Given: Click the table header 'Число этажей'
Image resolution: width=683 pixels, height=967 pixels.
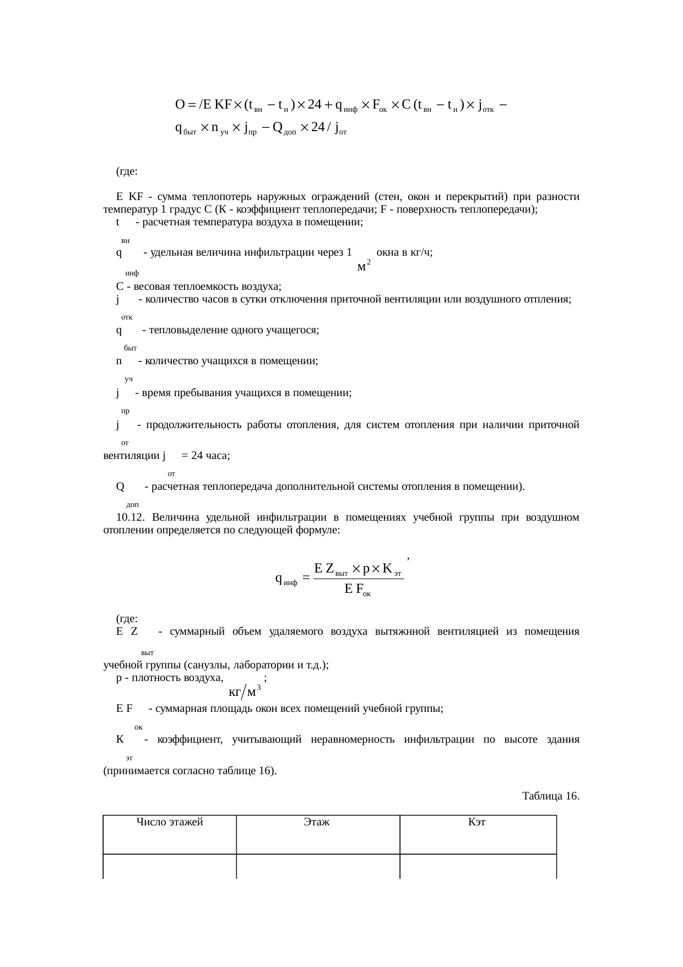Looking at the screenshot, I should pos(170,823).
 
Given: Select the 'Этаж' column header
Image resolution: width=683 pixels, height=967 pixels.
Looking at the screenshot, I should pos(317,823).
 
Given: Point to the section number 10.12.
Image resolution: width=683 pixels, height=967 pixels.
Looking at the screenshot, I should pos(131,517).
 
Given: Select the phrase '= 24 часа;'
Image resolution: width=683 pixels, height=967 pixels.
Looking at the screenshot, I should pos(206,456).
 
